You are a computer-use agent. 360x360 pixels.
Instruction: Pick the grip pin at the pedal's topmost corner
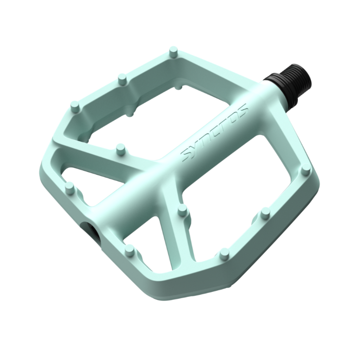click(174, 52)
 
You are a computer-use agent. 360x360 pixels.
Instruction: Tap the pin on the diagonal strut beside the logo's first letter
click(120, 149)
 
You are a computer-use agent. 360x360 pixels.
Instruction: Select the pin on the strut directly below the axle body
click(182, 211)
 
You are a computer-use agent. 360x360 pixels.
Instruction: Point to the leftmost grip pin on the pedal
click(70, 188)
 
